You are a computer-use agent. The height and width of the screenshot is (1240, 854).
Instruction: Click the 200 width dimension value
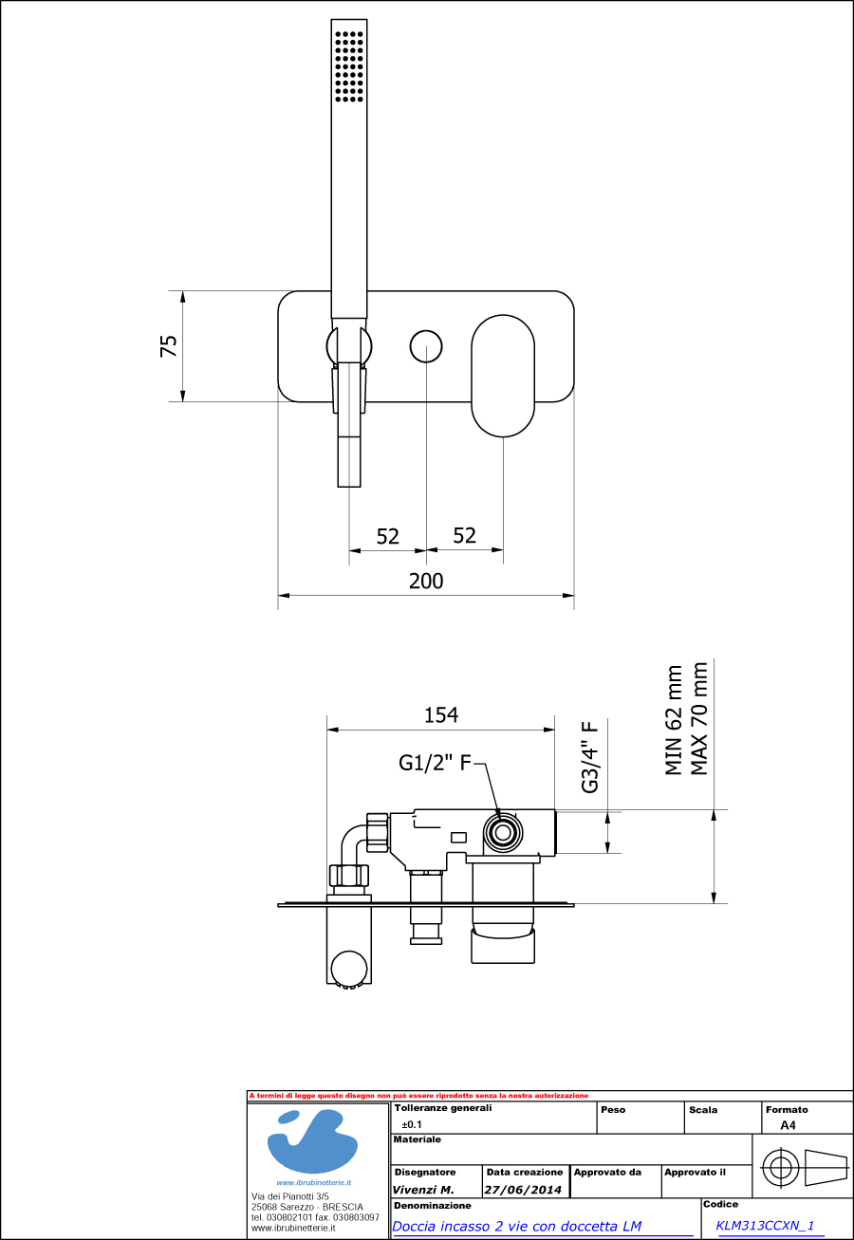tap(426, 581)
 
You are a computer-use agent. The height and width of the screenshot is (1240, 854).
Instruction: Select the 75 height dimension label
tap(169, 345)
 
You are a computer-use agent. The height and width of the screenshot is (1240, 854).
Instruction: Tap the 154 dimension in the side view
tap(441, 714)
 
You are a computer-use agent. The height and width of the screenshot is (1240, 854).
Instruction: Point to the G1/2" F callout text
tap(435, 763)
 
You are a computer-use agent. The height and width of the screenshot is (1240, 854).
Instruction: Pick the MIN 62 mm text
tap(675, 720)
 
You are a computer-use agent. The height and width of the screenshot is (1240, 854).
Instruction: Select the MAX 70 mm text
tap(700, 717)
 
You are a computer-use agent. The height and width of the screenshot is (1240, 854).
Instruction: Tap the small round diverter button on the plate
tap(426, 346)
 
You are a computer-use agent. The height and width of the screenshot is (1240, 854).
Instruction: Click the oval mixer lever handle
tap(503, 377)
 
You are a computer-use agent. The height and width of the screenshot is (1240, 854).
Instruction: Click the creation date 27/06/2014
tap(523, 1190)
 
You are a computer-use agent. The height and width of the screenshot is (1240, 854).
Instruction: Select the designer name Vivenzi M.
tap(423, 1190)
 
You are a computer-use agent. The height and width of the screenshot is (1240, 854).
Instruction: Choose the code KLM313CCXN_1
tap(765, 1225)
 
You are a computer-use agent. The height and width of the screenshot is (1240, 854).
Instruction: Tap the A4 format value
tap(788, 1125)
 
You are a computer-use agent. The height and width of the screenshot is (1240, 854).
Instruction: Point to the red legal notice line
tap(418, 1096)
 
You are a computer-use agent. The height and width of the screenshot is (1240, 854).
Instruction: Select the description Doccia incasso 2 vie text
tap(516, 1226)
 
